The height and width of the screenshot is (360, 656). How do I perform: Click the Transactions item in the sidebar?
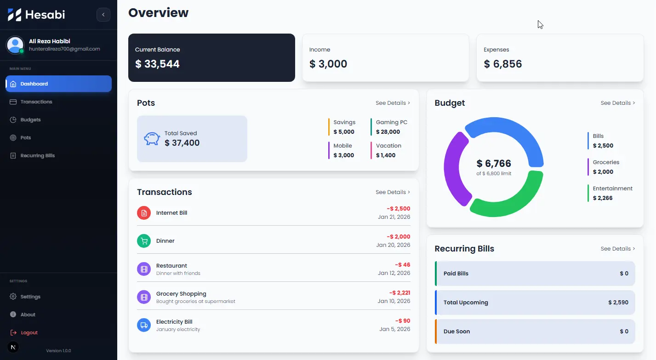(36, 102)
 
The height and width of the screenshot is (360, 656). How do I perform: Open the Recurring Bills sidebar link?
(37, 155)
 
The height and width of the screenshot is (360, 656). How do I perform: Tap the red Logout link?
(29, 332)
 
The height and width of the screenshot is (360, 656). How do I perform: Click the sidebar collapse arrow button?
(103, 15)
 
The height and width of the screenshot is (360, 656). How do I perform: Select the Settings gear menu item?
(30, 297)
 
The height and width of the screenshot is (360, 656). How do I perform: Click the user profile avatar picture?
(15, 45)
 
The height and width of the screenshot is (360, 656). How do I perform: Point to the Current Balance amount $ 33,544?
(157, 64)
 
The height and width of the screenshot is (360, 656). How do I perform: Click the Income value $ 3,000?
(328, 64)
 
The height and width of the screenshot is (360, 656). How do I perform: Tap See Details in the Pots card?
(393, 103)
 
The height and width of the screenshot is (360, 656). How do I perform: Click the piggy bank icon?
(152, 139)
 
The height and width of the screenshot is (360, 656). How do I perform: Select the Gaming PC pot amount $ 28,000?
(388, 132)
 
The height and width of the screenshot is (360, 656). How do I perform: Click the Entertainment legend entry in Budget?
(612, 193)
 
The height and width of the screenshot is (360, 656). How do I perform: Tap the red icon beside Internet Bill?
(144, 213)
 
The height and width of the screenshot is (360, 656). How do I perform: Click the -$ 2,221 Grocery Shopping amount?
(399, 293)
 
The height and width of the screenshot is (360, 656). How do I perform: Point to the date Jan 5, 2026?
(394, 329)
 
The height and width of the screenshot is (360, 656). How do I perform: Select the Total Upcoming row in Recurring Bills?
(535, 303)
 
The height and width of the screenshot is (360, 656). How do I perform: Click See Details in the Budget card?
(617, 103)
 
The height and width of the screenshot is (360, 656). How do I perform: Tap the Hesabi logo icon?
(15, 15)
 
